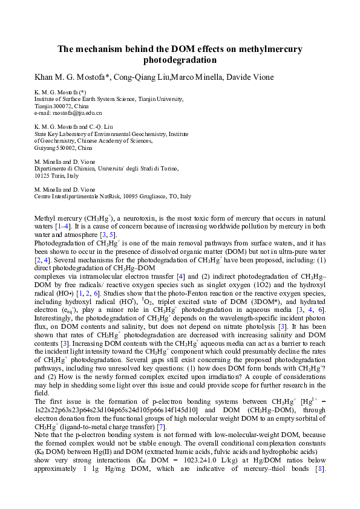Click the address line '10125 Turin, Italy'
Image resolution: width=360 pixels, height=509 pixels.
pyautogui.click(x=57, y=176)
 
